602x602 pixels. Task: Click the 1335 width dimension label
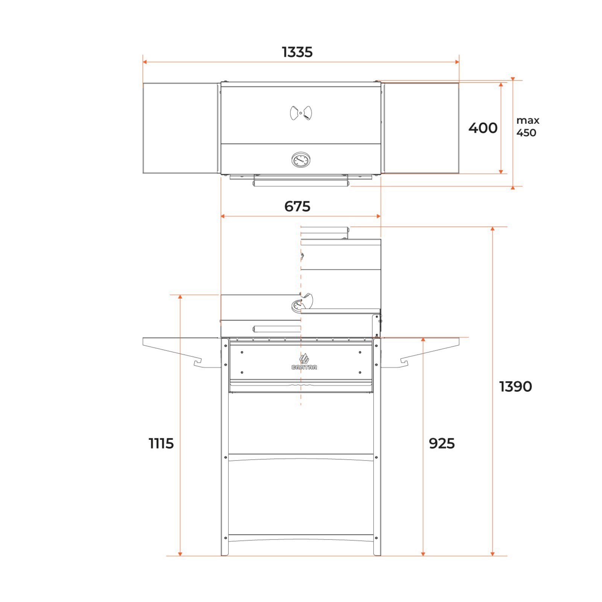click(297, 52)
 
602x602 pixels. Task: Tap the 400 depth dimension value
click(483, 128)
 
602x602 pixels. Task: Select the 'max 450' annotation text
click(528, 126)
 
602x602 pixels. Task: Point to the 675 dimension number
click(297, 207)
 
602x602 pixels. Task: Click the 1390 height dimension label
click(515, 387)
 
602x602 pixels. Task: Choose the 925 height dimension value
click(442, 444)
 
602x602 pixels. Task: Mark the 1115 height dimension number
click(161, 444)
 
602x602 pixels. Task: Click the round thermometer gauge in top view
click(301, 160)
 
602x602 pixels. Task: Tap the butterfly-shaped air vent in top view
click(301, 113)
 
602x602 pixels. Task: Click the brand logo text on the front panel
click(304, 367)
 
